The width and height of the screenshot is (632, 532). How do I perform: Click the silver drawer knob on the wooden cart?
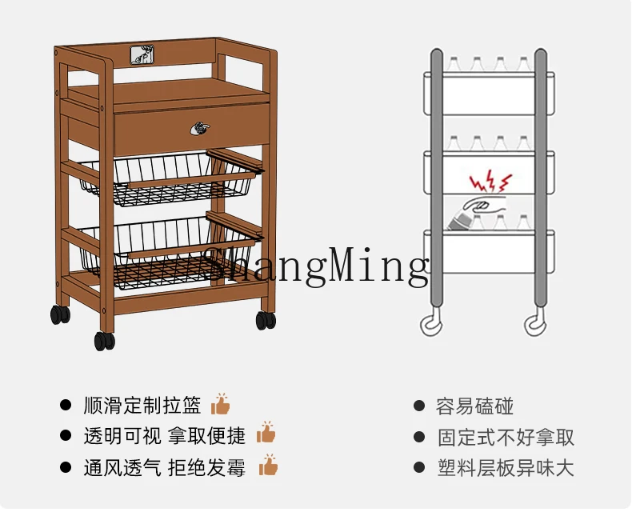click(199, 127)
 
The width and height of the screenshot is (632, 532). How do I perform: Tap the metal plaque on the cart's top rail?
click(142, 54)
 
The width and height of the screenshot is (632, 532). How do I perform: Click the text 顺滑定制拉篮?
click(142, 406)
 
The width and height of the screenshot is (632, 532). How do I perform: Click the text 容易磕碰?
click(474, 406)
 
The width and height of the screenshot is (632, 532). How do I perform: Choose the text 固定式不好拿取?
click(506, 437)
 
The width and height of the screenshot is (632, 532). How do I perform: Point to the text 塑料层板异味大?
click(506, 467)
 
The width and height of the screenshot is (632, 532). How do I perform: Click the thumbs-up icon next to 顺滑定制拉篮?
click(220, 404)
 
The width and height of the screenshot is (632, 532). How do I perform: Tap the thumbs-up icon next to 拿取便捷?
click(266, 434)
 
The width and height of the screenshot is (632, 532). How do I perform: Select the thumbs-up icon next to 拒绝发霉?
click(268, 465)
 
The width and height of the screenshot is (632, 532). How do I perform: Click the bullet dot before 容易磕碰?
click(418, 406)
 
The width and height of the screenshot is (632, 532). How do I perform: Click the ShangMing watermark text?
click(316, 266)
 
